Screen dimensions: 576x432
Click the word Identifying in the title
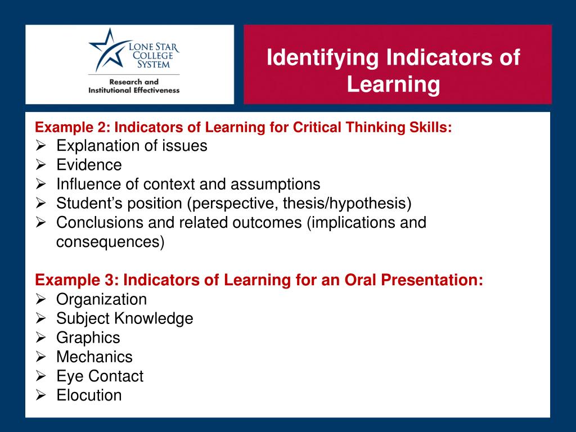322,58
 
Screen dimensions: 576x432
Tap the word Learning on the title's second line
393,84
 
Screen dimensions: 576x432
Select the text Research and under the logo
134,82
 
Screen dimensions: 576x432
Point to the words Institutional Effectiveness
134,91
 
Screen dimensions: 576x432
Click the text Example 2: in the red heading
73,128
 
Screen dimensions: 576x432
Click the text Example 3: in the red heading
76,280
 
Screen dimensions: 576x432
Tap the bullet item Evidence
89,165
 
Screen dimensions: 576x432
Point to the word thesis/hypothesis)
347,204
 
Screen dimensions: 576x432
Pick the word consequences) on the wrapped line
110,242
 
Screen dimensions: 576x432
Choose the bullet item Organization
101,300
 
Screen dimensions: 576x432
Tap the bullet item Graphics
88,338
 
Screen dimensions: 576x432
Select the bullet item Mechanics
94,357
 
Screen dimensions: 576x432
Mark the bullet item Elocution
89,395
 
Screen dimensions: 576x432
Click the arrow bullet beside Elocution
40,395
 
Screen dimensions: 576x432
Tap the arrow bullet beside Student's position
40,203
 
